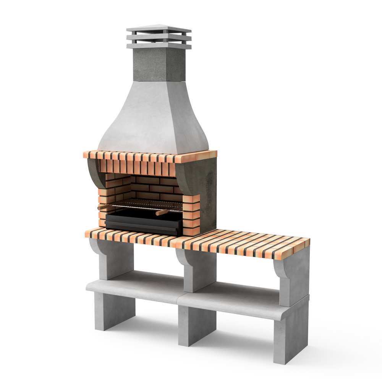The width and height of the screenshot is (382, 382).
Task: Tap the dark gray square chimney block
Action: coord(159,65)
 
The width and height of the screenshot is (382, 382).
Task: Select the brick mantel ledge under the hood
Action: coord(149,156)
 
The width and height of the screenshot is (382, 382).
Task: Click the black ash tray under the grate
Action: coord(143,223)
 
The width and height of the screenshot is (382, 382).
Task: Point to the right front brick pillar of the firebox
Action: coord(191,214)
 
